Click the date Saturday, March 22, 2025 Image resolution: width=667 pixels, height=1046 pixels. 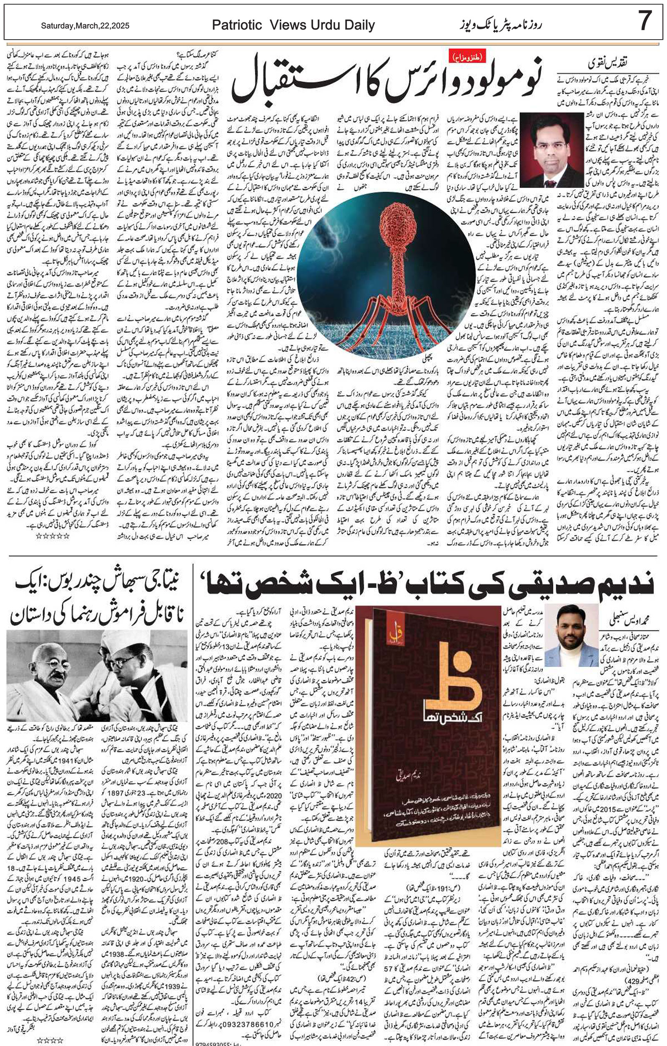(85, 26)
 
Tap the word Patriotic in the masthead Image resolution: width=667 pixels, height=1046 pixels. (237, 25)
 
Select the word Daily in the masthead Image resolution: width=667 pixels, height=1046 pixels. (359, 25)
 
